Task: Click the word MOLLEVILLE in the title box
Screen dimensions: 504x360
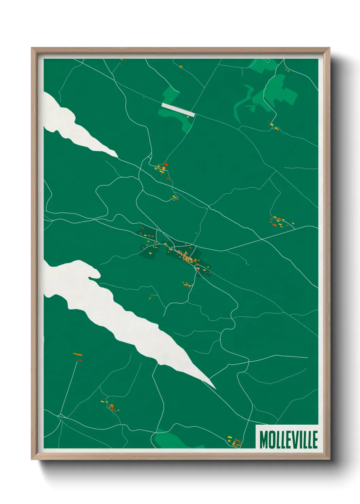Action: [x=289, y=440]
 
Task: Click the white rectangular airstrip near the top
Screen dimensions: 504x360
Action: [x=178, y=110]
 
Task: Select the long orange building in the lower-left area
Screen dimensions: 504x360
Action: [x=78, y=355]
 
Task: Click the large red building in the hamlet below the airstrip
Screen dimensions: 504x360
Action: [x=166, y=164]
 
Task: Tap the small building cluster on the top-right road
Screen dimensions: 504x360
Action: [x=273, y=126]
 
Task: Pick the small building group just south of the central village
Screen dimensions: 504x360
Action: [x=186, y=284]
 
